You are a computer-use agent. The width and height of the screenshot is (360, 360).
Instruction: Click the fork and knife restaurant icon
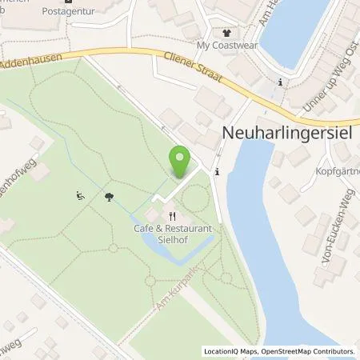171,216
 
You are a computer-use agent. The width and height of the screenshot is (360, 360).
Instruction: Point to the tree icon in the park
108,194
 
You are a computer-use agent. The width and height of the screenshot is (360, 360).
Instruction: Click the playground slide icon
80,194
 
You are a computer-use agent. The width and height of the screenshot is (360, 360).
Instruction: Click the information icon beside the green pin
217,171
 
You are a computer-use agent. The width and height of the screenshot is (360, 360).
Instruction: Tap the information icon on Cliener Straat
279,82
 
